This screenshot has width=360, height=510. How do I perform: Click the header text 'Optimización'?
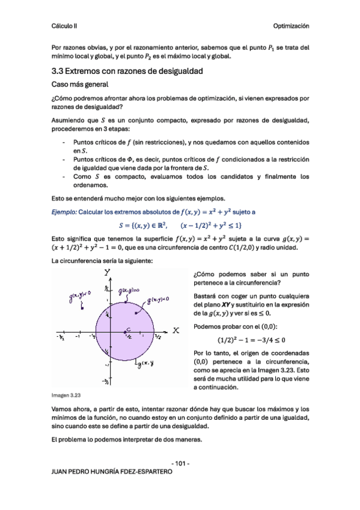click(x=291, y=26)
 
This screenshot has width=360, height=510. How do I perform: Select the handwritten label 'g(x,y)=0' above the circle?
click(x=129, y=291)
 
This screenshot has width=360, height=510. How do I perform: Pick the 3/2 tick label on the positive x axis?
click(x=157, y=337)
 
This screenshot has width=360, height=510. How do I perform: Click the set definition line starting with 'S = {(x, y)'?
click(x=180, y=226)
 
